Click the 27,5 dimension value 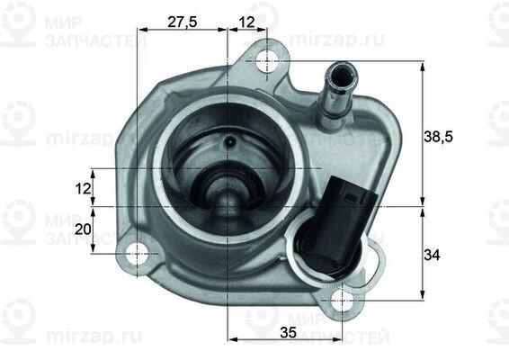[x=183, y=23]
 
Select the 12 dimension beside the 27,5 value [x=247, y=23]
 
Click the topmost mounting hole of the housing [x=267, y=61]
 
